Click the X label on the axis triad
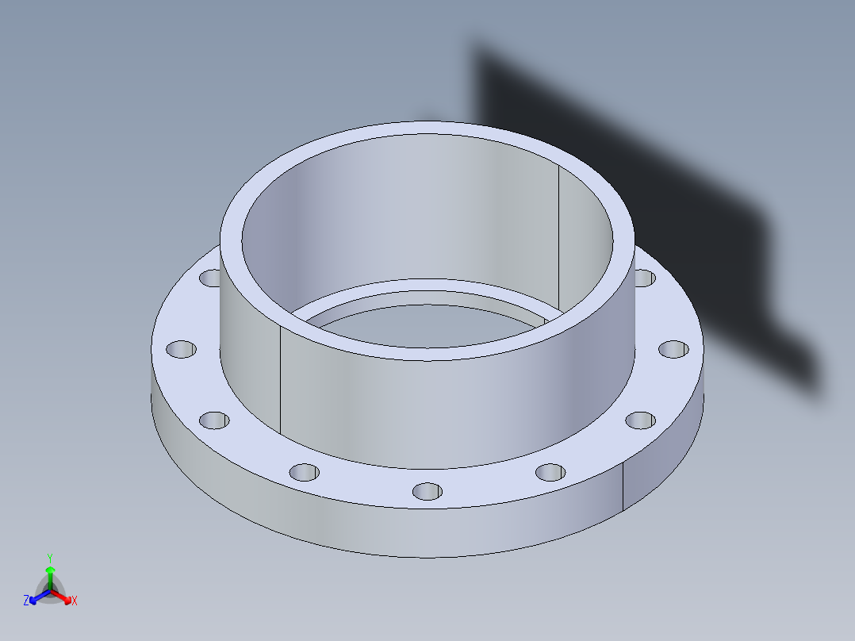75,601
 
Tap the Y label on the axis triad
49,558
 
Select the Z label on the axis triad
26,601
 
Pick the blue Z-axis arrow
36,597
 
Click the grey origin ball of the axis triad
49,589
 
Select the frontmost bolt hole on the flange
427,492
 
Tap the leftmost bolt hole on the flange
181,349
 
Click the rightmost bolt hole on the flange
673,349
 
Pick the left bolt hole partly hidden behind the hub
211,278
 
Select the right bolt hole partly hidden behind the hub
644,278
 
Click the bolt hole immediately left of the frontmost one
304,473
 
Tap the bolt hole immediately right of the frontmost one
550,473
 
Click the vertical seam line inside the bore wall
559,238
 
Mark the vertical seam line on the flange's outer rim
623,486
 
